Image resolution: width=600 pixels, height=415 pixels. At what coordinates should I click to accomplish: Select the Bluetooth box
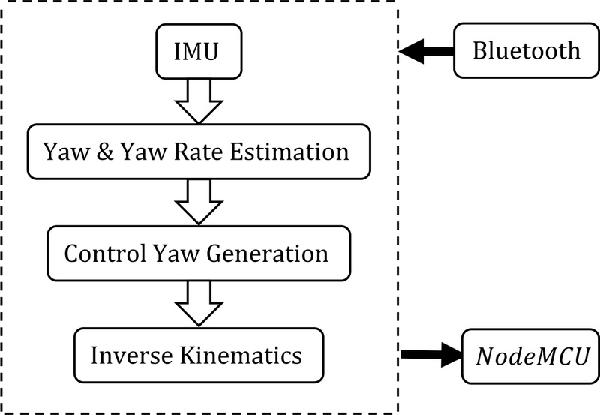526,51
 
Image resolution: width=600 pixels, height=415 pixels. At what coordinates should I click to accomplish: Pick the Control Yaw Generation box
196,253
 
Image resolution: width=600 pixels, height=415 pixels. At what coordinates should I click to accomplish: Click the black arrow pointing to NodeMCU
431,354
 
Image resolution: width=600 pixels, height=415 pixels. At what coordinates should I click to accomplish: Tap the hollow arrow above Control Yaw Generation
199,201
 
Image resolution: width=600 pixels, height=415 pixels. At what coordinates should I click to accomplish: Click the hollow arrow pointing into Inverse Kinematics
199,302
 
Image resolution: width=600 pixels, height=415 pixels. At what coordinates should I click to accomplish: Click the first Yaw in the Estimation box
65,152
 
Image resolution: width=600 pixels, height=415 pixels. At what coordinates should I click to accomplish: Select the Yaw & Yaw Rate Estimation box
199,152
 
